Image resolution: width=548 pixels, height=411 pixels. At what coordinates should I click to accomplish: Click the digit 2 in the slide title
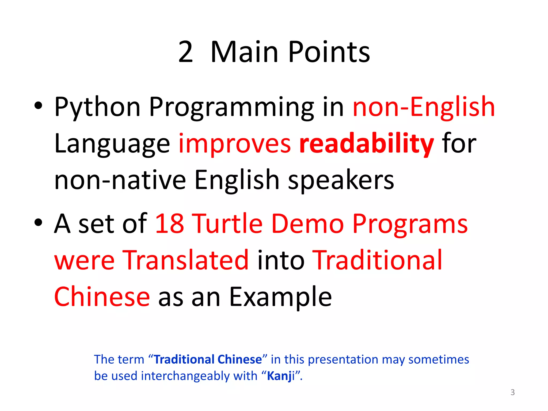pos(185,52)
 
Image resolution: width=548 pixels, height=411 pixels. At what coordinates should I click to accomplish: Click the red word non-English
pos(424,107)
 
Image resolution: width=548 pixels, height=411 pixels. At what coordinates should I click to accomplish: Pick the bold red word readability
pos(366,144)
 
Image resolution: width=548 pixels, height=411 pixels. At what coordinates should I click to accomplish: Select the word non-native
pos(120,180)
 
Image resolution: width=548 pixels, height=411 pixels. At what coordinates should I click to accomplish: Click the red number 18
pos(170,224)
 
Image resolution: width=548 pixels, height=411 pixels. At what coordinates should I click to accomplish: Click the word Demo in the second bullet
pos(307,224)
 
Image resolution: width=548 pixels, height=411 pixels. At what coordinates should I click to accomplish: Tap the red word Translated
pos(186,260)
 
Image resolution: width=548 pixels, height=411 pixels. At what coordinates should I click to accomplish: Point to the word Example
pos(280,297)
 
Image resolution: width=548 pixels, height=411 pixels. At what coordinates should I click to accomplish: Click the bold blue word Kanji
pos(280,376)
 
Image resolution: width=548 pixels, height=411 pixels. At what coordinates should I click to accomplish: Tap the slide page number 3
pos(512,392)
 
